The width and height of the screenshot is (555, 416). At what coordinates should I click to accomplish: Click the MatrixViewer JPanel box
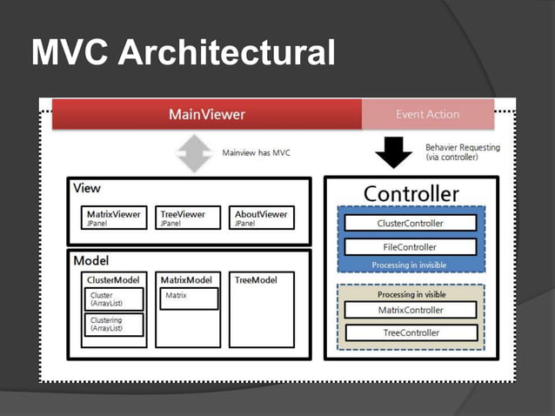pos(116,218)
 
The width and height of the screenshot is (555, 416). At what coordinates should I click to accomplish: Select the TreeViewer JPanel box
pos(189,218)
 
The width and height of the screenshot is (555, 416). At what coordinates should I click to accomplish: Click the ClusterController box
pos(411,223)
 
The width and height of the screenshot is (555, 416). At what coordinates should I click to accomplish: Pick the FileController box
pos(411,247)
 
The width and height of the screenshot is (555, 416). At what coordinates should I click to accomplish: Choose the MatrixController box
pos(411,310)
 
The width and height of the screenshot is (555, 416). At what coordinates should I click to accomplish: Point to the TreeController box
pos(411,332)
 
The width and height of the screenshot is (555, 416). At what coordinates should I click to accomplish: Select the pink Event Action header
pos(427,114)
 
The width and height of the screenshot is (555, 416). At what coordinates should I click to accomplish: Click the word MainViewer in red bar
pos(206,114)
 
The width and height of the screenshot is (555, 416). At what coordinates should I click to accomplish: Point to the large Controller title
pos(411,193)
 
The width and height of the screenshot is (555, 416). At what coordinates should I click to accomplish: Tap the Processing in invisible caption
pos(411,265)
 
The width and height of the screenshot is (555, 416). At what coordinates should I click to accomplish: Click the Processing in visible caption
pos(411,294)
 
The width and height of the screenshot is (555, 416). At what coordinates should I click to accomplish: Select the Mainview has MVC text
pos(257,153)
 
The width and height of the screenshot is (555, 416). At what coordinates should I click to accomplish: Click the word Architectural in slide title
pos(226,53)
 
